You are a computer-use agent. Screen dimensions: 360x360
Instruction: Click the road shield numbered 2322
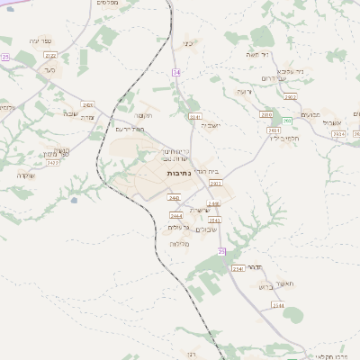(x=50, y=55)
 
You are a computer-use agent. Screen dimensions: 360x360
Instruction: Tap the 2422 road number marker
(x=53, y=163)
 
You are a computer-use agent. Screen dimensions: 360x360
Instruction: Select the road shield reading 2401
(x=87, y=105)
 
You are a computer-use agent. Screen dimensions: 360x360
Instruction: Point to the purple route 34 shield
(x=176, y=71)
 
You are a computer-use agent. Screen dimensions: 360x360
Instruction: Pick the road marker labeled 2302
(x=215, y=183)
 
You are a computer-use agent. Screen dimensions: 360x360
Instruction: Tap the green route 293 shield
(x=287, y=121)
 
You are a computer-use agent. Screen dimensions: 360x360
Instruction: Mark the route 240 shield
(x=174, y=197)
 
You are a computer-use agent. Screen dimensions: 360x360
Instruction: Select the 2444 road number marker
(x=176, y=216)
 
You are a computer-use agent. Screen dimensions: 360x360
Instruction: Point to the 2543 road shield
(x=214, y=219)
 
